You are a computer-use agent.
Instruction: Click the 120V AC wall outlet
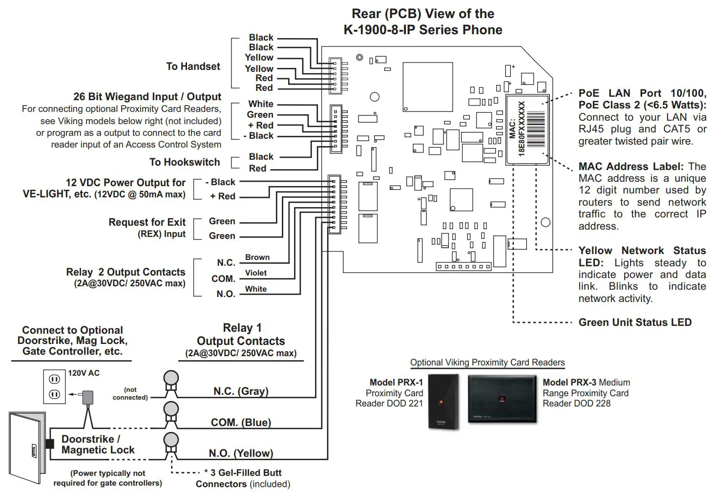point(54,386)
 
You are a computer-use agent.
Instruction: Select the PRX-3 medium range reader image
point(502,398)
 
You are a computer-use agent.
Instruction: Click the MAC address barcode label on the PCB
point(527,129)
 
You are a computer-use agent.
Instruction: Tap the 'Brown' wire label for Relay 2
point(257,257)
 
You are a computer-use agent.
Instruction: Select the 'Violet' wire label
point(256,273)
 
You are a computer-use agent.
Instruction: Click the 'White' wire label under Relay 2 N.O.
point(256,289)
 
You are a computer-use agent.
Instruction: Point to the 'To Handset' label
point(193,66)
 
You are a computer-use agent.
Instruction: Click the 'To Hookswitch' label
point(185,162)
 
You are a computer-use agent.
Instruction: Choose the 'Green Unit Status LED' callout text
point(635,322)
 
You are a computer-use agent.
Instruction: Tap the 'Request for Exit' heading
point(147,222)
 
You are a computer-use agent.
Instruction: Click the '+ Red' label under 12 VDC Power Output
point(223,196)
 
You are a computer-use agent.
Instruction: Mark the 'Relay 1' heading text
point(242,328)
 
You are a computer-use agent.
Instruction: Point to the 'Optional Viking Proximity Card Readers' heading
point(487,363)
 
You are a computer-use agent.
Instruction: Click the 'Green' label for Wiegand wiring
point(260,115)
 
